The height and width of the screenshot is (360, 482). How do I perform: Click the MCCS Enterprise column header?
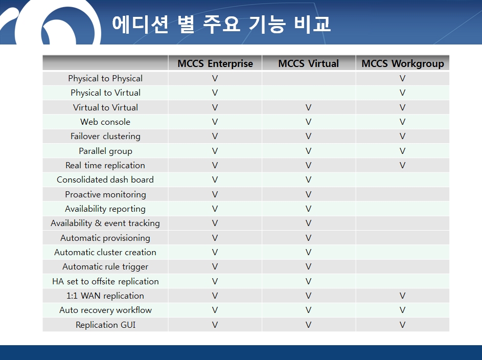[x=215, y=63]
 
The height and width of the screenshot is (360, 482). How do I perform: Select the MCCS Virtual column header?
[x=308, y=63]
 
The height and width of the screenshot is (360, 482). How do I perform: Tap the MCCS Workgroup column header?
[x=403, y=63]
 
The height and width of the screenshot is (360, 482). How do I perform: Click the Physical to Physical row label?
[x=105, y=79]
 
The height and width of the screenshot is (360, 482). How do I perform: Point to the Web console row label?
[x=105, y=122]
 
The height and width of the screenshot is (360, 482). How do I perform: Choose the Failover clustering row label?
[x=105, y=136]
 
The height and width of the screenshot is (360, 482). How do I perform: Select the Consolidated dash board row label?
[x=105, y=179]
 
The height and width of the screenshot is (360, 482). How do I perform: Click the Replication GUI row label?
[x=105, y=325]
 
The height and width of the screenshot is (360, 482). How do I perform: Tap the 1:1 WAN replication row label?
[x=105, y=296]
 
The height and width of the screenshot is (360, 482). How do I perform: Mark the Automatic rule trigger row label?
[x=105, y=267]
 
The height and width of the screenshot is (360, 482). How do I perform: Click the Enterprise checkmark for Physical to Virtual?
[x=215, y=93]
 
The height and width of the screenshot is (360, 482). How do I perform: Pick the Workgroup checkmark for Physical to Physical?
[x=402, y=78]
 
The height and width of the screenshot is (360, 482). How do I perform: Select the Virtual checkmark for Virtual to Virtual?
[x=308, y=107]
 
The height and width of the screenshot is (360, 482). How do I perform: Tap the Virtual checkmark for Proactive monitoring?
[x=308, y=194]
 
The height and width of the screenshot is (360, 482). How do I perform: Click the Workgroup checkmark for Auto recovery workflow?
[x=402, y=310]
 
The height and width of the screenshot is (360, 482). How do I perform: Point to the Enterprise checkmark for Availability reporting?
[x=215, y=209]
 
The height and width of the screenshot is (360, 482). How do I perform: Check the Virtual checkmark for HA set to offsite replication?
[x=308, y=281]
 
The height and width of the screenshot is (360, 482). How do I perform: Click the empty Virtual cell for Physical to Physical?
[x=309, y=78]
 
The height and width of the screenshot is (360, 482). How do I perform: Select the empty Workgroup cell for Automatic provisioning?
[x=402, y=238]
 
